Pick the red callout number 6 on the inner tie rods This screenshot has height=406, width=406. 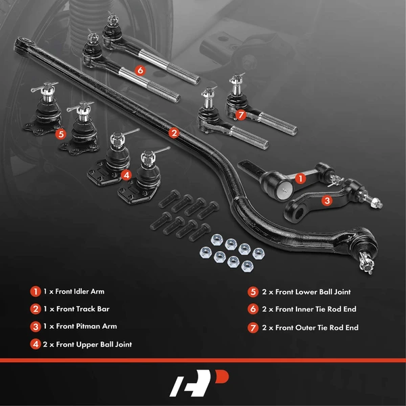pos(139,69)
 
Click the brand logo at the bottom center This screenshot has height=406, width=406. pos(203,383)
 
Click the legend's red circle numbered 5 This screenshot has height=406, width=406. pos(254,292)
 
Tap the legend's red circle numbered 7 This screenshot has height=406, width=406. pos(254,328)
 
